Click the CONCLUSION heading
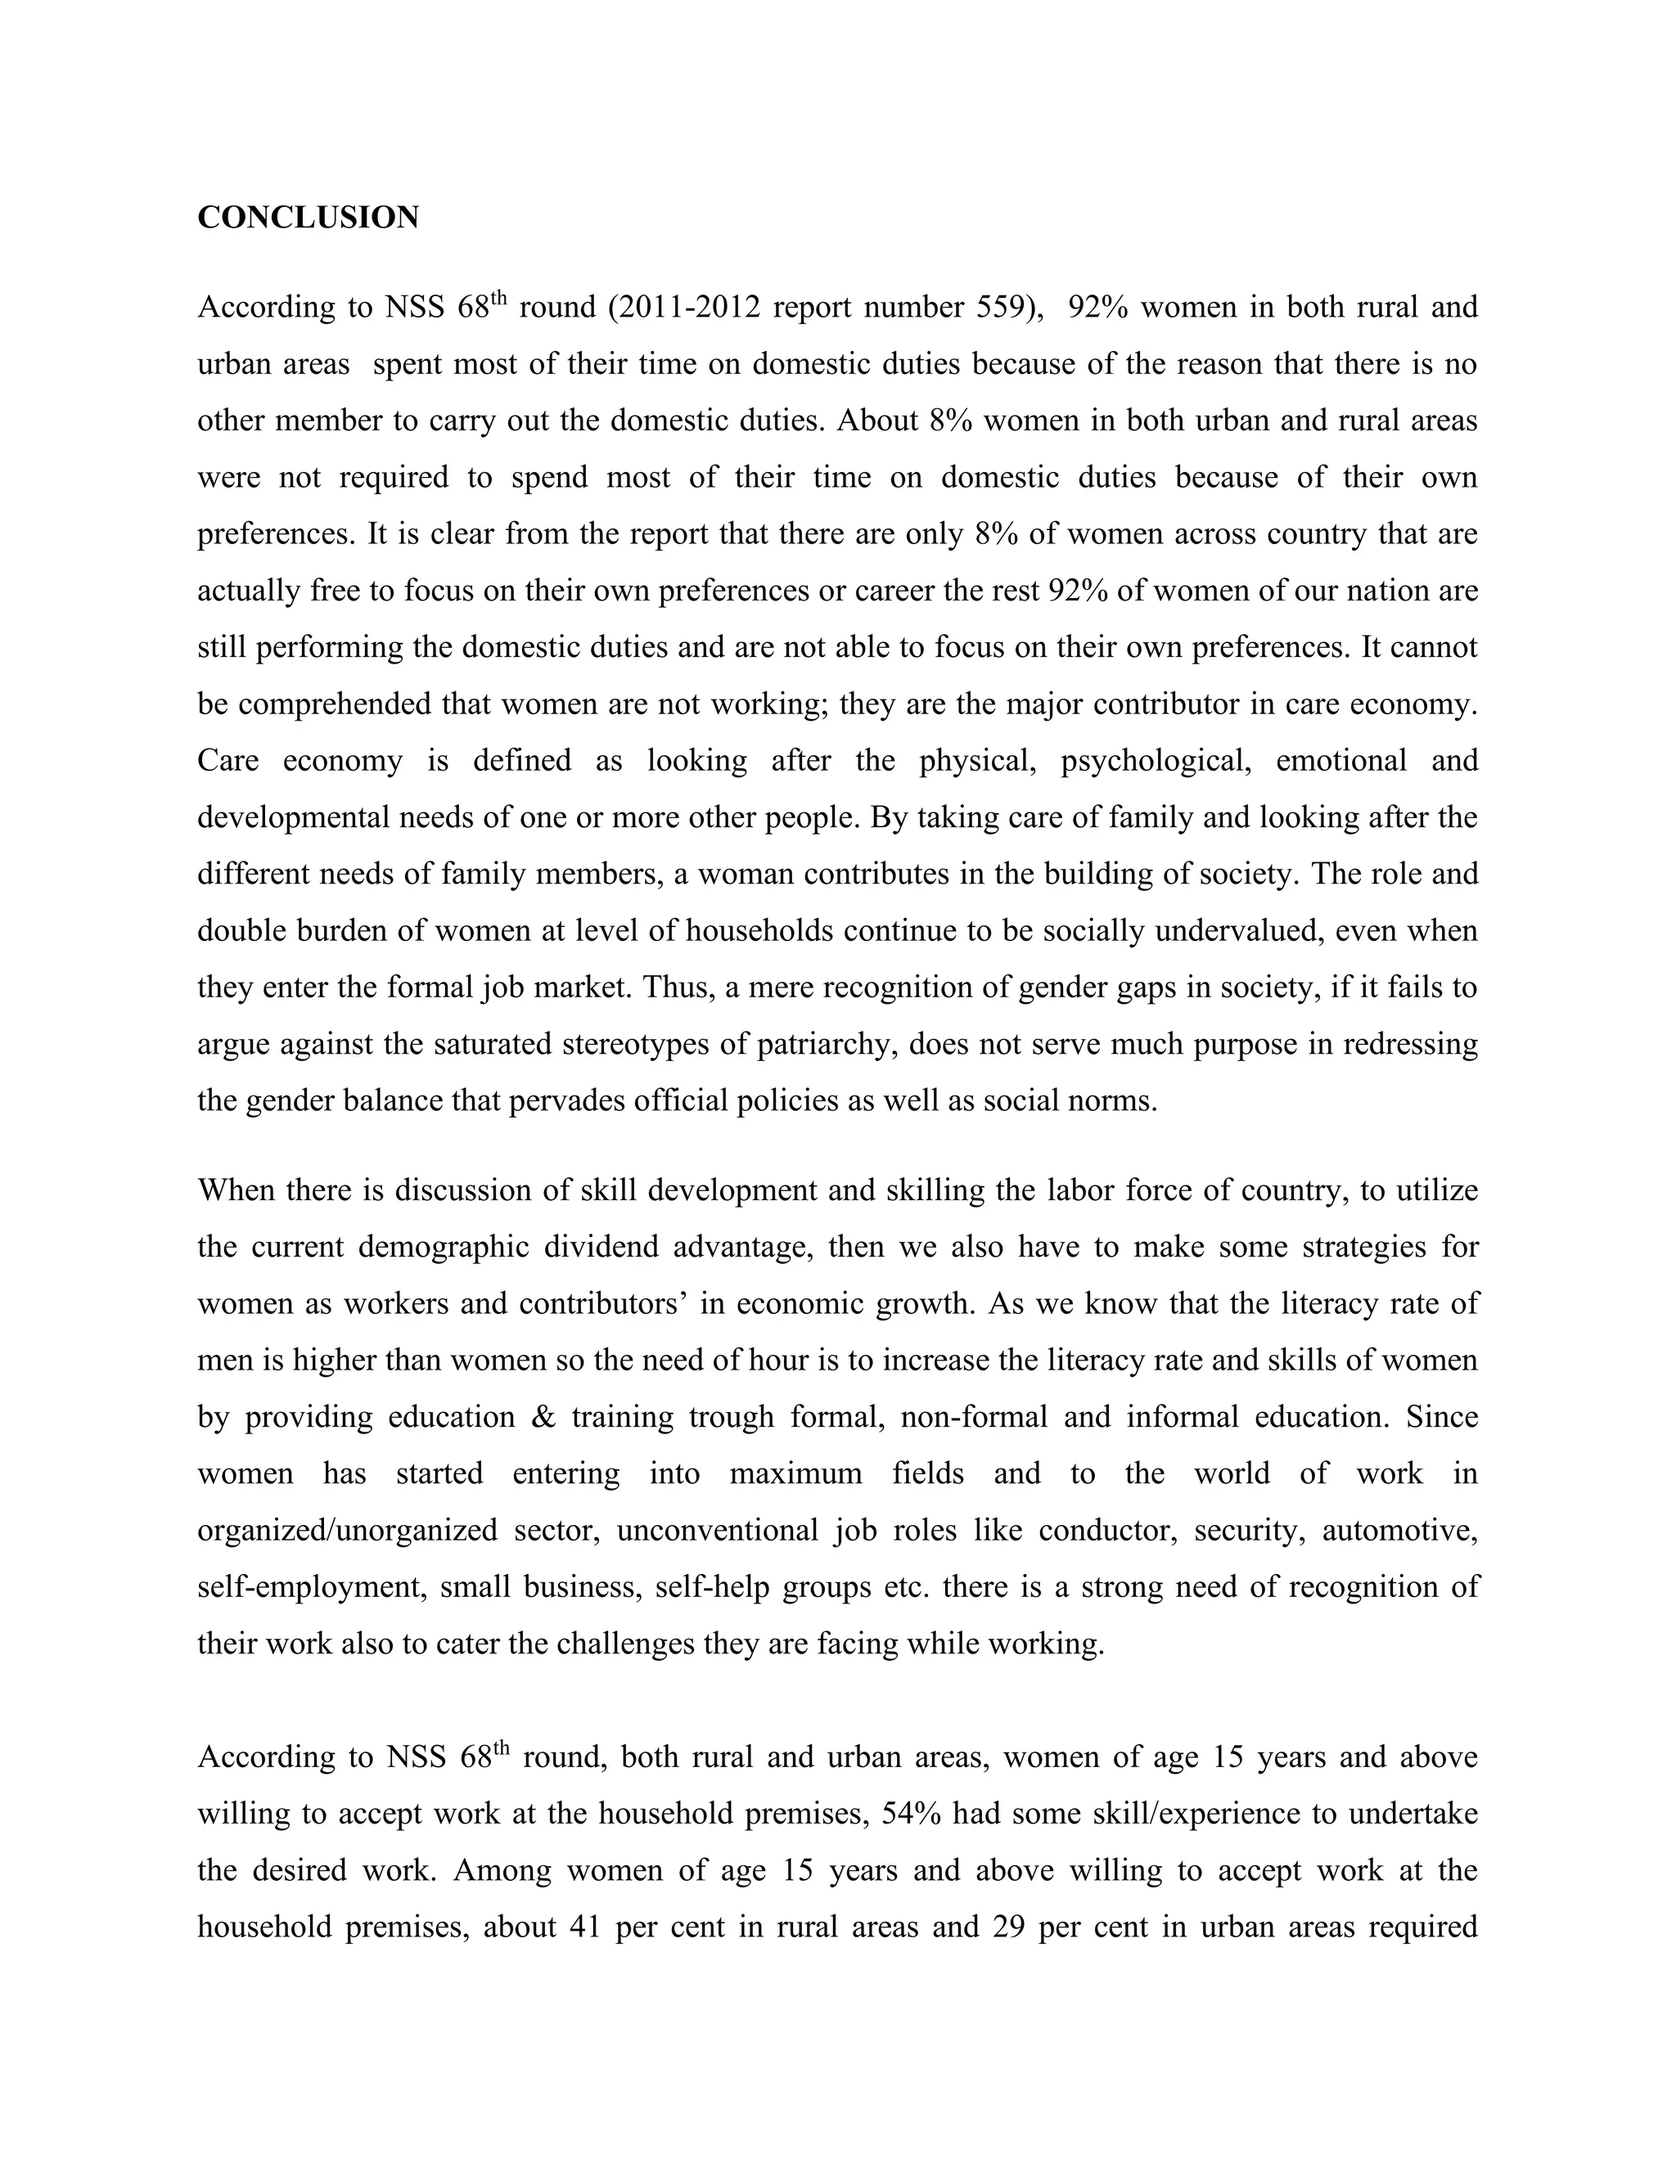[x=308, y=218]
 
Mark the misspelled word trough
[x=731, y=1416]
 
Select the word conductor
[x=1108, y=1531]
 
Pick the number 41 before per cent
[x=586, y=1927]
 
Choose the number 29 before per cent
[x=1007, y=1927]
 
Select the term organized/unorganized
[x=348, y=1531]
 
